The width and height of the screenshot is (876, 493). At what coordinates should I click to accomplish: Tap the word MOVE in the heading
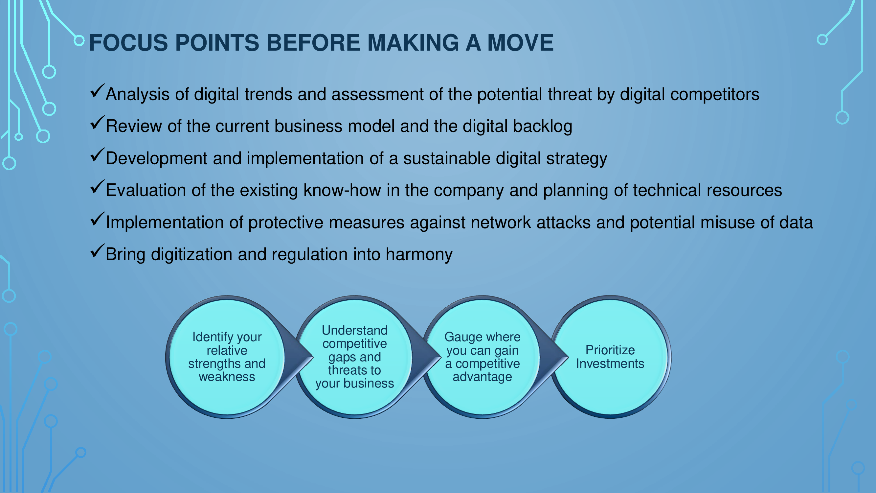pos(520,43)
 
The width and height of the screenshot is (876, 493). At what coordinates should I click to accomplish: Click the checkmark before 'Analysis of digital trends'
pos(97,91)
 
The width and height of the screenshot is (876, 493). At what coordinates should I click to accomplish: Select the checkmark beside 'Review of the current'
pos(97,123)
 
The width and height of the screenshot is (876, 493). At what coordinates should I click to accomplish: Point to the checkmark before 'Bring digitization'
pos(97,251)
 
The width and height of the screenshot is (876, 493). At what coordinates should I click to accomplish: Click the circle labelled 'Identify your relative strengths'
pos(227,357)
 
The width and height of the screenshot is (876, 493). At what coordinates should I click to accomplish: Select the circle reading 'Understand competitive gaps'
pos(355,357)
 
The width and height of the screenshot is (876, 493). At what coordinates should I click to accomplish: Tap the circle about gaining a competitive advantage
pos(482,357)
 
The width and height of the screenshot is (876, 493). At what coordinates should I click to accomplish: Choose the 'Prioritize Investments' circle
pos(610,357)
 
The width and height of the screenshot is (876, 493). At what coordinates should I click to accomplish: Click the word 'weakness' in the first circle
pos(227,377)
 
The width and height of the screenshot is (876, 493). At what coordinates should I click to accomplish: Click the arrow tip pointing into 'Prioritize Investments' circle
pos(568,357)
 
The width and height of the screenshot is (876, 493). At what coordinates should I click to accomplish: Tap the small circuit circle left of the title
pos(79,40)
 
